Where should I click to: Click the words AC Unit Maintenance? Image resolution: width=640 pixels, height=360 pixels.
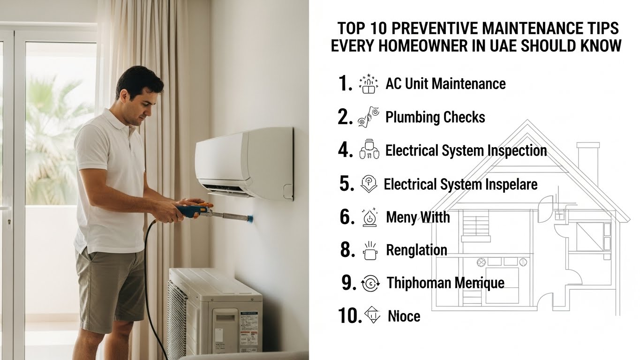pos(445,84)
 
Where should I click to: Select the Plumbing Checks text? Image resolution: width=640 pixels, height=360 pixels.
pos(435,117)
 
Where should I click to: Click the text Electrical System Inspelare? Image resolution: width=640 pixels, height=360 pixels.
pos(460,184)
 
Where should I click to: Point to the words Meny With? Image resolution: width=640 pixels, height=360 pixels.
pos(417,217)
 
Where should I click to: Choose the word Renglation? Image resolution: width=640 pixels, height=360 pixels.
pos(416,250)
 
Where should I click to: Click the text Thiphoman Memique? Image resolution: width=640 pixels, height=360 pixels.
pos(445,283)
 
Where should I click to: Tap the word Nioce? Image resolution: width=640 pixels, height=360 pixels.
pos(404,316)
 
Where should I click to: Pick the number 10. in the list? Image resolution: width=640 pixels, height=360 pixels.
pos(349,316)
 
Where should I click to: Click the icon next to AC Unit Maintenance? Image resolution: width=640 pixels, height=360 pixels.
pos(368,84)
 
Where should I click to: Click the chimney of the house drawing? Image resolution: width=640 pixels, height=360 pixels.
pos(587,162)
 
